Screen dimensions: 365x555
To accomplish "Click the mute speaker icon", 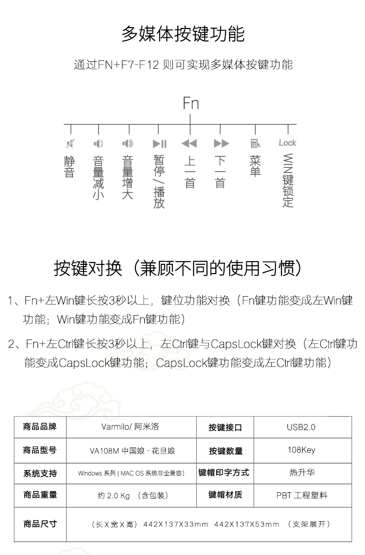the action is coord(71,143).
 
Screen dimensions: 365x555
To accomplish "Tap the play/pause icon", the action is coord(159,143).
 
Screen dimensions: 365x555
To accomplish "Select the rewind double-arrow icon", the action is coord(189,143).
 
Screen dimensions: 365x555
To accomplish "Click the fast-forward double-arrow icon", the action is coord(221,143).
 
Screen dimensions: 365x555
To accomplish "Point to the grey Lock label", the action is coord(287,143).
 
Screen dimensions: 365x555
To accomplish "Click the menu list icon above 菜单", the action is coord(255,143).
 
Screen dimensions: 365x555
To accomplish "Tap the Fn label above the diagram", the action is coord(190,103).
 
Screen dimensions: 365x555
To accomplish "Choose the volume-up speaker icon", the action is coord(128,143).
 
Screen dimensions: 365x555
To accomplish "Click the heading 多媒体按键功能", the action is coord(183,34).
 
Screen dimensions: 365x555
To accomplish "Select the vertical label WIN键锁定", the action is coord(288,180).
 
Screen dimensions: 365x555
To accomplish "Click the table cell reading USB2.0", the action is coord(301,427).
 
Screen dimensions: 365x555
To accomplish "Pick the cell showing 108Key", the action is coord(302,450).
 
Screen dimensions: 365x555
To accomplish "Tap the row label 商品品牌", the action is coord(40,427).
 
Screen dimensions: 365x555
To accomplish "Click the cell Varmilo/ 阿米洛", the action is coord(130,427).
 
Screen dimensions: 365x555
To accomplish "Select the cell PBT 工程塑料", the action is coord(302,495).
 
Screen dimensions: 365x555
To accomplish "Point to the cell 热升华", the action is coord(302,472).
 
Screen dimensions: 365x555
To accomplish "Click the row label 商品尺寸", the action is coord(40,524).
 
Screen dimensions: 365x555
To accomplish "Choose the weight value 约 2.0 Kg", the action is coord(114,495).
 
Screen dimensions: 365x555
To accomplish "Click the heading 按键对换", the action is coord(88,268).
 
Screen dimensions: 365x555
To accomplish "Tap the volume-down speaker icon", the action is coord(98,143).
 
